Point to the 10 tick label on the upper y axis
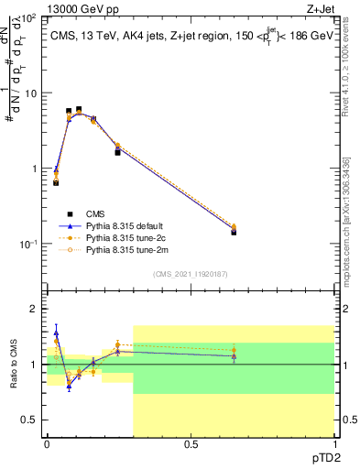32,93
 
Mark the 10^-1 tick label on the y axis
30,245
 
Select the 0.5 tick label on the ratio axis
32,420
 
